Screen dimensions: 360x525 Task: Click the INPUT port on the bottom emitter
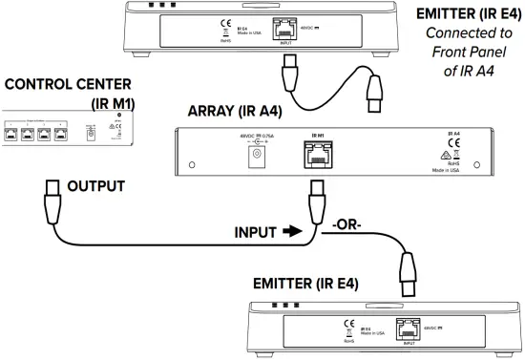point(409,328)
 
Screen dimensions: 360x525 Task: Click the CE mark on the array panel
point(454,146)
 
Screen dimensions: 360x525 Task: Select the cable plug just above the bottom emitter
point(410,271)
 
